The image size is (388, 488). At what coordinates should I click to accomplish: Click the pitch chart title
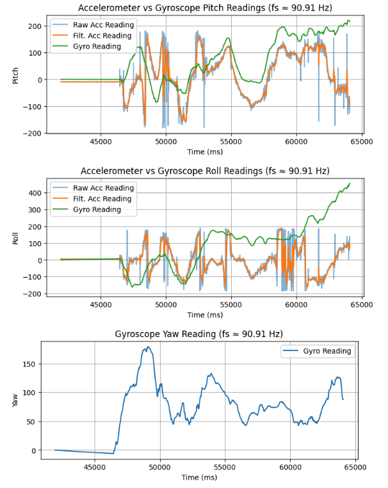205,8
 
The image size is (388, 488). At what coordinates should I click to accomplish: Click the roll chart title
205,171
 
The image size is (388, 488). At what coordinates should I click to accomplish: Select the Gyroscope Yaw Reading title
198,334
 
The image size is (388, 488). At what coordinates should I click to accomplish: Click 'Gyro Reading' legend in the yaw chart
327,351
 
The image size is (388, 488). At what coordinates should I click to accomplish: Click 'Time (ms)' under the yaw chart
198,477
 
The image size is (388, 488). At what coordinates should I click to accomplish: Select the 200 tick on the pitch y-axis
35,26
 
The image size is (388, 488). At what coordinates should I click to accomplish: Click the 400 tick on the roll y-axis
35,193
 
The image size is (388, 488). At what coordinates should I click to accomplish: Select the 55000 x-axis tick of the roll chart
230,304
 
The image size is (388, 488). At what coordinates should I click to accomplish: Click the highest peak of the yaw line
148,347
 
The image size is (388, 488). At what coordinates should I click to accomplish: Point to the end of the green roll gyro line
350,184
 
